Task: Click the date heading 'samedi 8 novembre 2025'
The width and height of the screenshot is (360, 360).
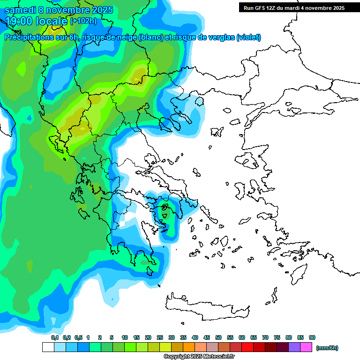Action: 59,10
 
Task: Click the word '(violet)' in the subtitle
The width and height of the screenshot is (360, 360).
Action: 248,37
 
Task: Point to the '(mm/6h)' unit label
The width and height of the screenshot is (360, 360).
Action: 327,348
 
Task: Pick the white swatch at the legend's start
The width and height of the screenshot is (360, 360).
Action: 48,347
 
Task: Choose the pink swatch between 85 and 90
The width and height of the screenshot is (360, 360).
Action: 306,347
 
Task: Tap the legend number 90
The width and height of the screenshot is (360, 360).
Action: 312,337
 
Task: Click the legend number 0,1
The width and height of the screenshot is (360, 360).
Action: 55,337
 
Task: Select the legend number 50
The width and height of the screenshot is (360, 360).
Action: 218,337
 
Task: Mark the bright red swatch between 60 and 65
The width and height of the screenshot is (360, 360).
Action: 247,347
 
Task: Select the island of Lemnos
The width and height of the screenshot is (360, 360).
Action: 216,132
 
